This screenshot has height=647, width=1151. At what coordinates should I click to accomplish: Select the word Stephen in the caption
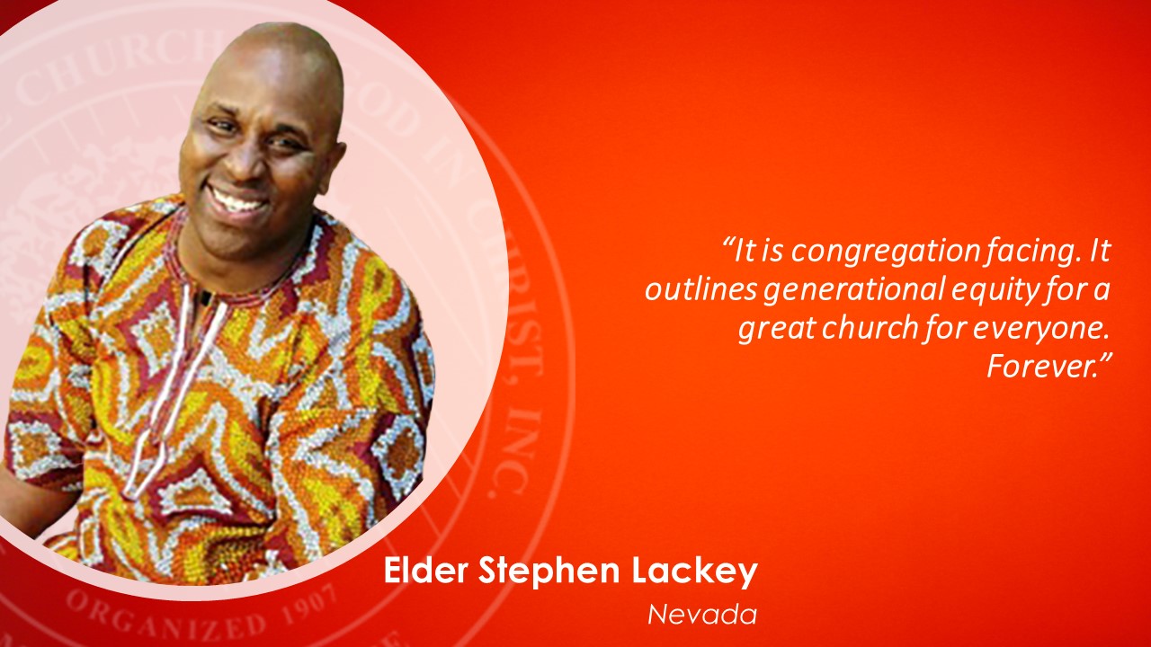click(x=549, y=572)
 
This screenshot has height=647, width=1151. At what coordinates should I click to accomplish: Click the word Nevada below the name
click(x=702, y=614)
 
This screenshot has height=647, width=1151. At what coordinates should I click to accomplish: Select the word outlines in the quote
click(x=700, y=288)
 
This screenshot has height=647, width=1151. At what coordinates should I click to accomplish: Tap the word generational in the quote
click(x=854, y=290)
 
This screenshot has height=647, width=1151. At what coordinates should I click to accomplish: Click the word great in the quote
click(x=778, y=329)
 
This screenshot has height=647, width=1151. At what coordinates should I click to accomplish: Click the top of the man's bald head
click(x=278, y=28)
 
